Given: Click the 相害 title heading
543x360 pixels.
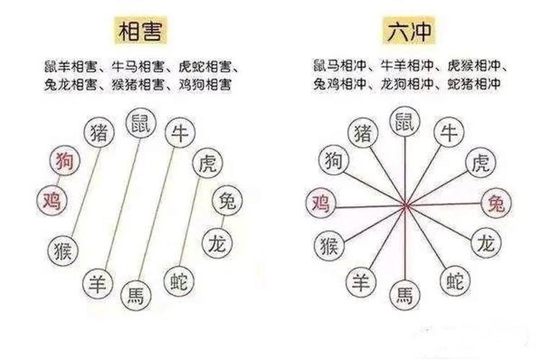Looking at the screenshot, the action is (140, 30).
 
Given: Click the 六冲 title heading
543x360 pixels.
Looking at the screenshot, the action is (408, 30).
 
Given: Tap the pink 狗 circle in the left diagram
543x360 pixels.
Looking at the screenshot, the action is (65, 161).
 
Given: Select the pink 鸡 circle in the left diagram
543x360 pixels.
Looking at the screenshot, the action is (52, 200).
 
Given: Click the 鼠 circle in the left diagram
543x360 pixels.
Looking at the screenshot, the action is (141, 123).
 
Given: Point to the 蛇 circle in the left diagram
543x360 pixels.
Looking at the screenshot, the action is (179, 281).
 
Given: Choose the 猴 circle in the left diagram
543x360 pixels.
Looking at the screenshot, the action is (63, 251).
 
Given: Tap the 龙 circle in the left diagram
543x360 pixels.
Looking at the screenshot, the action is (217, 243).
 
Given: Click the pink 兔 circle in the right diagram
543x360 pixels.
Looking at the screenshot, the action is (497, 203).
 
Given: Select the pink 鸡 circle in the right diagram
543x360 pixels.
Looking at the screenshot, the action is (321, 203).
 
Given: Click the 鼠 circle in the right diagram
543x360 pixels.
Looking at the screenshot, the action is (405, 122).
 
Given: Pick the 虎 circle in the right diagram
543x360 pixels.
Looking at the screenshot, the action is (480, 162).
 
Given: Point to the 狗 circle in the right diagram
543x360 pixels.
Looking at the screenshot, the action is (334, 160).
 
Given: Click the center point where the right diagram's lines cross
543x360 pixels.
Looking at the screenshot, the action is (405, 206).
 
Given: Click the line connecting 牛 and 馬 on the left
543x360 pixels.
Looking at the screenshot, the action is (156, 214).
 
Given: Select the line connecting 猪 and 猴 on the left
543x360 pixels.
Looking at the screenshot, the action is (86, 192).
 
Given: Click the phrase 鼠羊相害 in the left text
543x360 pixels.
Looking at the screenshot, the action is (71, 66).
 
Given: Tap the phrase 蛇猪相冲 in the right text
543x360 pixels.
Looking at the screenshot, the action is (474, 84).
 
